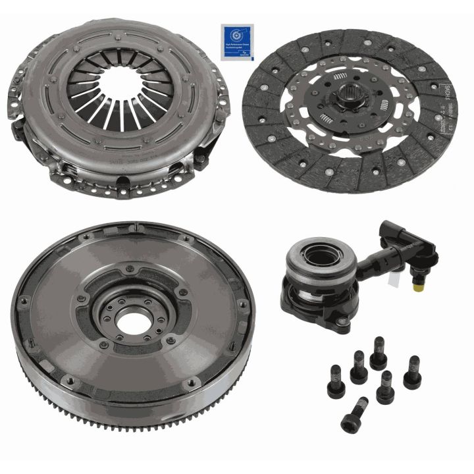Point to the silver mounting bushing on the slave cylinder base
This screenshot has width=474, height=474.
(343, 323)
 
